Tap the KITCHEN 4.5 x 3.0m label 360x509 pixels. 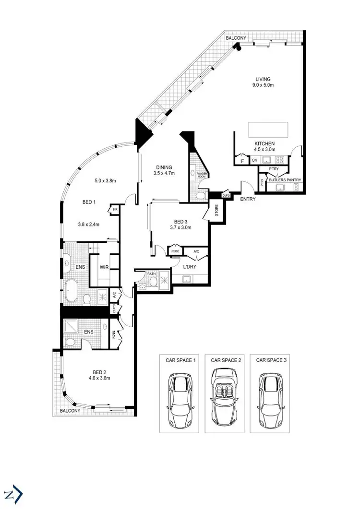(x=264, y=146)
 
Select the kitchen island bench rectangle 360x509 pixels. (x=268, y=130)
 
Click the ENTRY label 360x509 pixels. (x=248, y=199)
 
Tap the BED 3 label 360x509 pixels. (x=180, y=225)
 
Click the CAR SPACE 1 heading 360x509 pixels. (x=178, y=360)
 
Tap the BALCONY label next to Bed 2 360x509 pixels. (x=70, y=411)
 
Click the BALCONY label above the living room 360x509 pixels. (x=237, y=38)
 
